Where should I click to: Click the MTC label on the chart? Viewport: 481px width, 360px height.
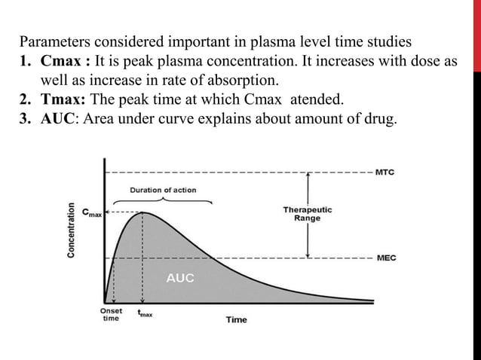[x=385, y=172]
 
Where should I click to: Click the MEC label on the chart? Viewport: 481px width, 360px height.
[x=385, y=258]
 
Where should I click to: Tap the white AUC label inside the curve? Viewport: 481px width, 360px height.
[x=179, y=278]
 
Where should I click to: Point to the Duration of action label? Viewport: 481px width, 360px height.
[x=163, y=190]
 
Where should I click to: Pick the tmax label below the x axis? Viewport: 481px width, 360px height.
[x=143, y=315]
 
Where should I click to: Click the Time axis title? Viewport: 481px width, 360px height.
[x=236, y=319]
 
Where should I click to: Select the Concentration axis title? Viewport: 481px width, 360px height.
[x=72, y=230]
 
